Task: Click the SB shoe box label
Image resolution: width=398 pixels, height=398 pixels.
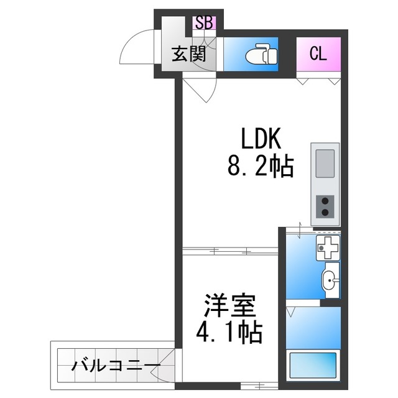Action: [x=204, y=22]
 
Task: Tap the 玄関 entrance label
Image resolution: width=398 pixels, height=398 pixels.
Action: [x=188, y=55]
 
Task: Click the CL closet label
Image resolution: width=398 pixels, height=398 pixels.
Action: [x=318, y=53]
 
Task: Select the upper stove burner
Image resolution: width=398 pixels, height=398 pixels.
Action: [x=325, y=201]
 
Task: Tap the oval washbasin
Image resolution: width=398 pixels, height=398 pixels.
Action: [x=331, y=281]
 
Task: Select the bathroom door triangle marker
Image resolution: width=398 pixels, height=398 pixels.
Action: [x=290, y=308]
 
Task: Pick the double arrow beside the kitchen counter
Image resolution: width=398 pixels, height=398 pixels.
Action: [x=299, y=230]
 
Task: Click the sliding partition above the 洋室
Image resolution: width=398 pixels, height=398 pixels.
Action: [x=230, y=251]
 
